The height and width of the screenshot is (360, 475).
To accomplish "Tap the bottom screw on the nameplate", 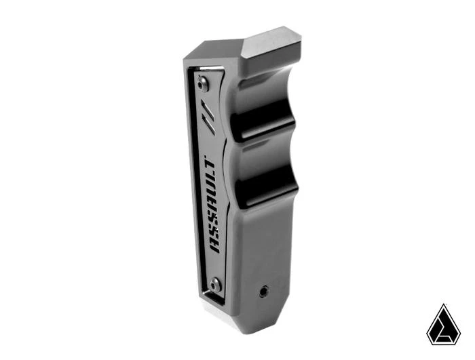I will pos(215,283).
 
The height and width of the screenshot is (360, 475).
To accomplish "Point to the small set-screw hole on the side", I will pos(263,291).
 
